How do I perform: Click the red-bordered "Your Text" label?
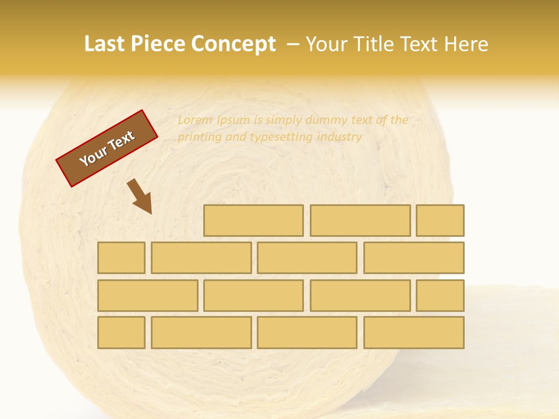tap(107, 148)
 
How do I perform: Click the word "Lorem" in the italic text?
tap(196, 120)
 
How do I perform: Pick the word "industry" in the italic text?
tap(339, 137)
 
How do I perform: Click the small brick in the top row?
tap(440, 221)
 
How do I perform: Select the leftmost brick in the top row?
tap(253, 221)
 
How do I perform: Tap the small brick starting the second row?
tap(121, 258)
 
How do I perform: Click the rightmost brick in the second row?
tap(414, 258)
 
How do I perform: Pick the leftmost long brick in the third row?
tap(147, 295)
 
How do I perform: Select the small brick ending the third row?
tap(440, 295)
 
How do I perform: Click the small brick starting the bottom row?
tap(121, 332)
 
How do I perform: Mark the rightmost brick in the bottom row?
tap(414, 332)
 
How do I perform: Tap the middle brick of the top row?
tap(360, 221)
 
